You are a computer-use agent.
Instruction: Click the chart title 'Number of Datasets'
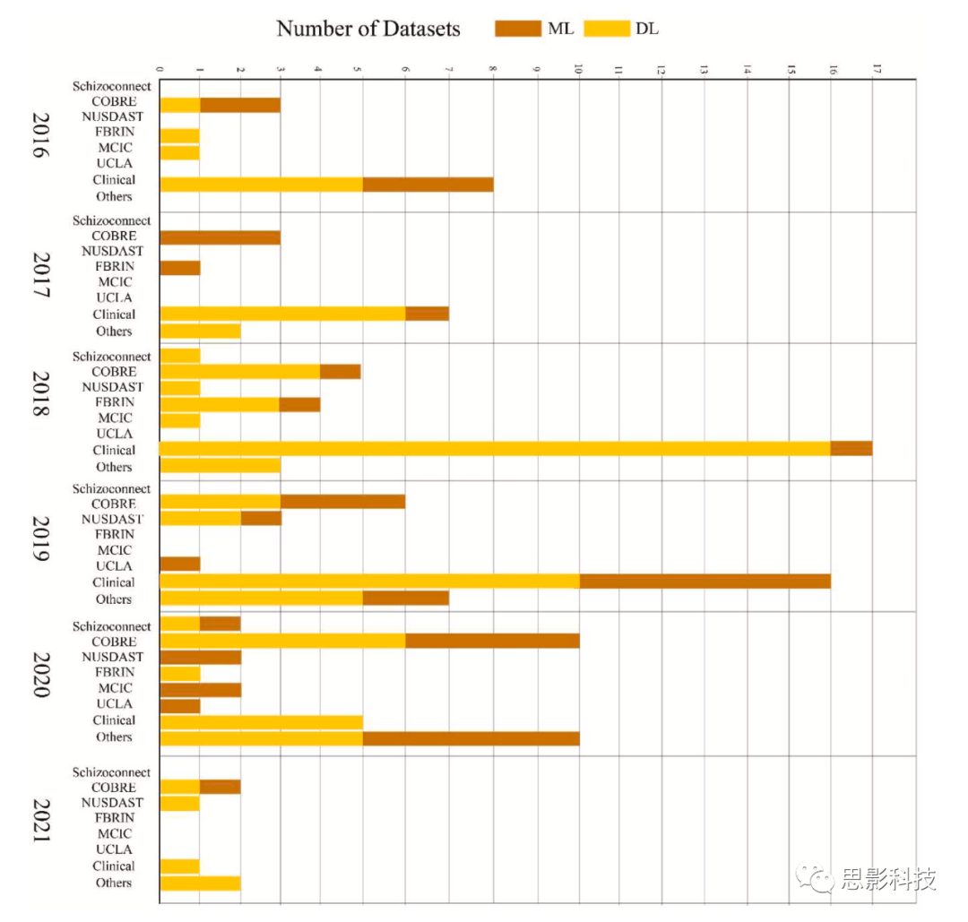click(x=367, y=29)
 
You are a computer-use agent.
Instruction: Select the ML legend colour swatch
click(x=518, y=29)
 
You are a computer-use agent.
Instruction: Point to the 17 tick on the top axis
click(x=877, y=69)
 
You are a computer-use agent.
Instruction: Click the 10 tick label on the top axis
click(x=578, y=69)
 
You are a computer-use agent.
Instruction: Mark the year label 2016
click(x=39, y=136)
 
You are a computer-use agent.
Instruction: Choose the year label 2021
click(x=39, y=821)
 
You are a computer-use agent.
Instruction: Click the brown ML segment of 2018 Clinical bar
click(x=851, y=448)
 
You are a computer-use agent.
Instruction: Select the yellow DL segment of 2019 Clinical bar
click(x=369, y=581)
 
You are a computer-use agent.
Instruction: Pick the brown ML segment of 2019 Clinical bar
click(x=704, y=581)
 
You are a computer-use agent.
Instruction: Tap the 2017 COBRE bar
click(x=220, y=237)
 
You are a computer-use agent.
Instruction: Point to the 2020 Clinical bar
click(x=261, y=721)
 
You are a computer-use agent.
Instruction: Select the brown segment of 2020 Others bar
click(x=471, y=737)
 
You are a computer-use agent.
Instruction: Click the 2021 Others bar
click(x=200, y=883)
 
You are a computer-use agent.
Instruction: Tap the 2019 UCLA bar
click(x=179, y=564)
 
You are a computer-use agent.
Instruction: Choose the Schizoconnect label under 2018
click(x=112, y=357)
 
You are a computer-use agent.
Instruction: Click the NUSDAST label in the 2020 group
click(x=112, y=657)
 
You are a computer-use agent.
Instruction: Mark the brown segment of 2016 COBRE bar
click(x=239, y=105)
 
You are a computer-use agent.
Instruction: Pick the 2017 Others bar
click(x=200, y=331)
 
